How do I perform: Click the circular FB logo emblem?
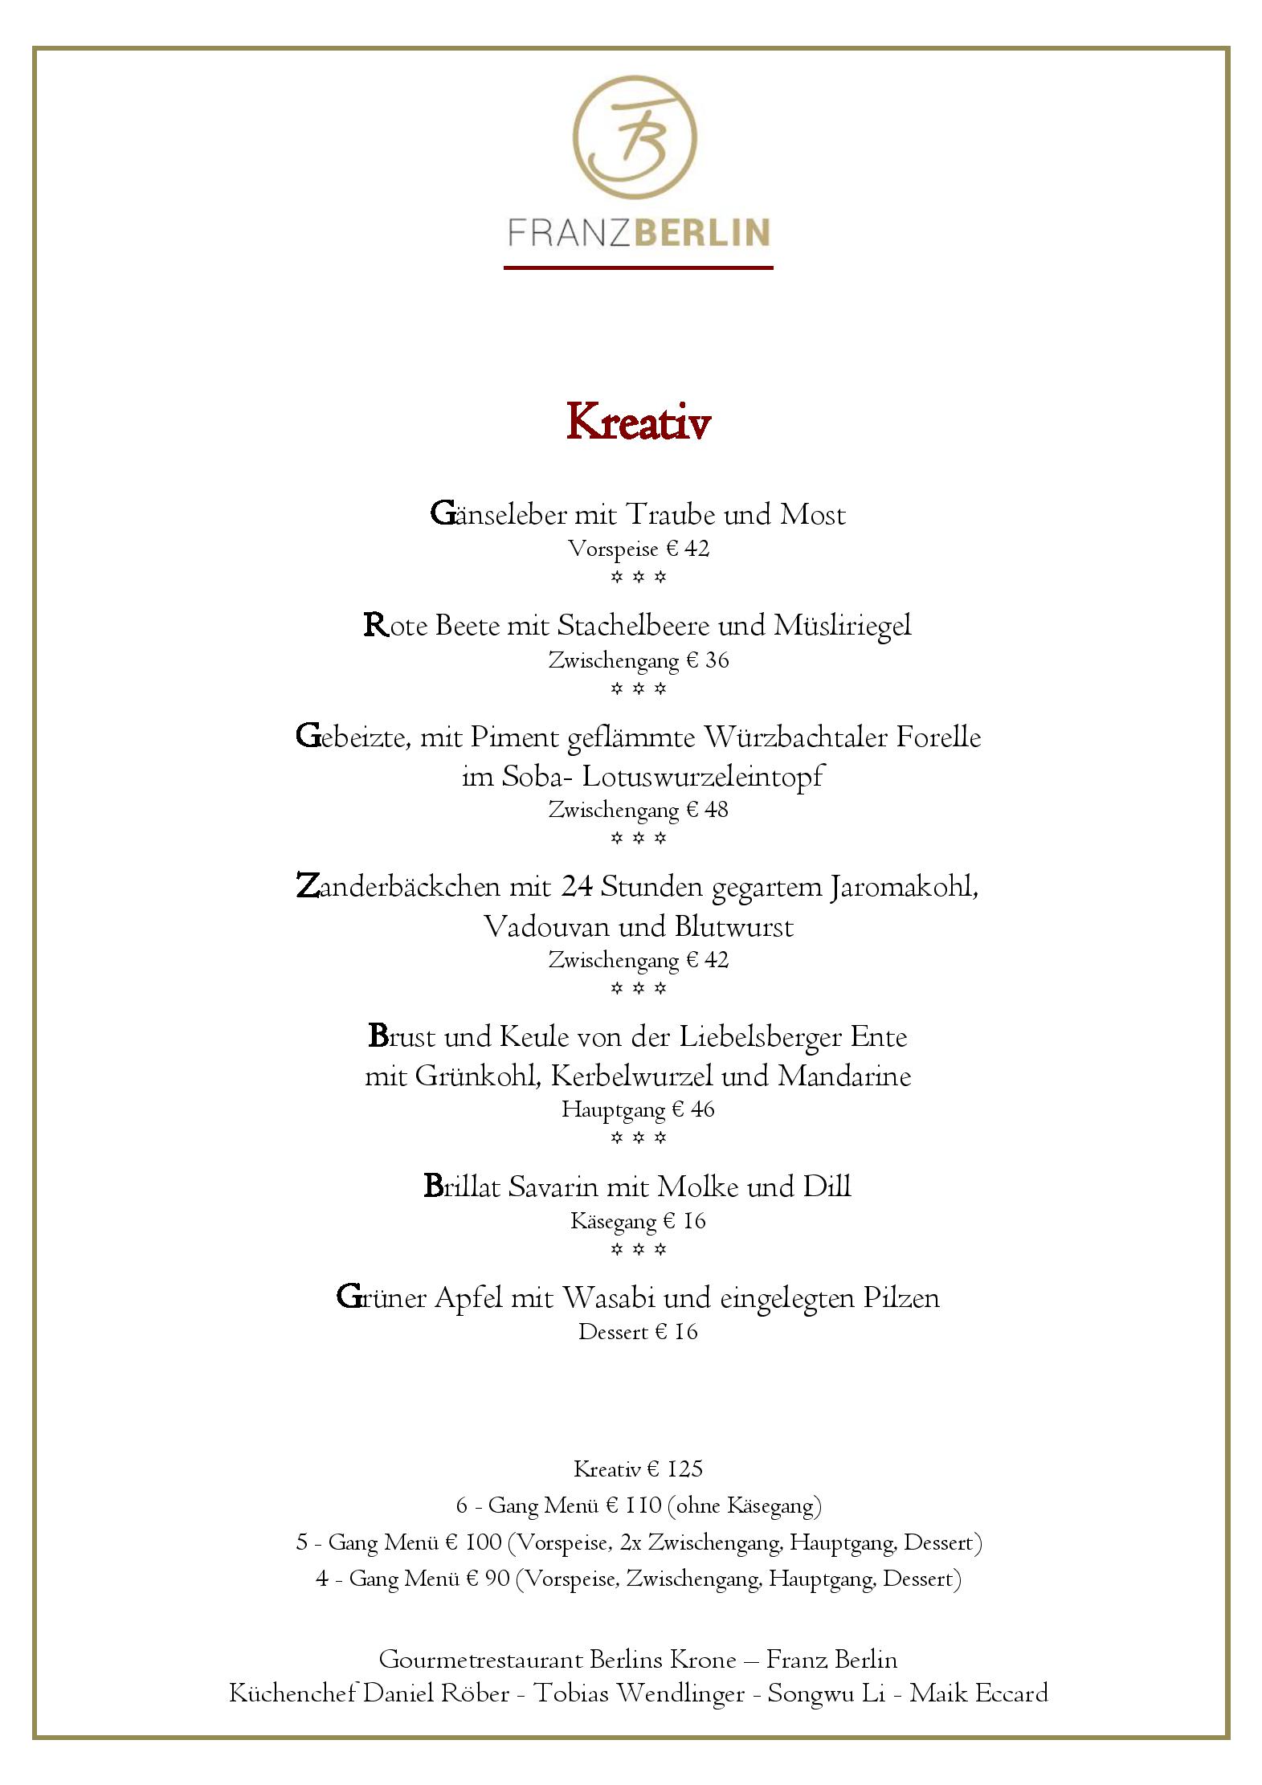[x=635, y=139]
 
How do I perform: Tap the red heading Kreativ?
[x=638, y=423]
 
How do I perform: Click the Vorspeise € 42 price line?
[x=639, y=549]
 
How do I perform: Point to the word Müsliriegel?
[x=843, y=626]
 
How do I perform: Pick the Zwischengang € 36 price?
[x=639, y=660]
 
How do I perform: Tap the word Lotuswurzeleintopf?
[x=703, y=777]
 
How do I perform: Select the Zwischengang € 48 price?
[x=639, y=810]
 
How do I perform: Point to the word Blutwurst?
[x=734, y=927]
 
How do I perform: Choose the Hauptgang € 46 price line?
[x=639, y=1110]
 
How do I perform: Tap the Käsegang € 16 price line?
[x=639, y=1222]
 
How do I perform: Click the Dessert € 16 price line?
[x=639, y=1332]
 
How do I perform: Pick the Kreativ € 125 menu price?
[x=639, y=1469]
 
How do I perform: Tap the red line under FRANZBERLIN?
[x=639, y=267]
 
